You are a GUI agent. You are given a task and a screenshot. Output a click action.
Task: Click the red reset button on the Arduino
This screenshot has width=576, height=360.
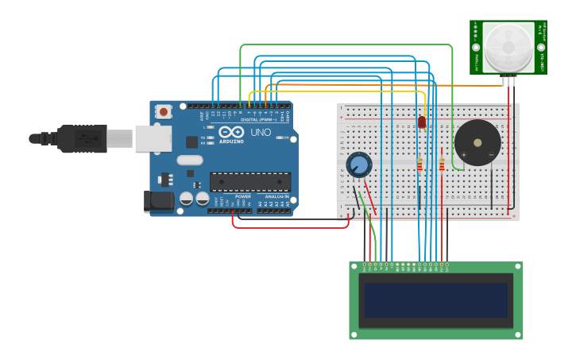coord(164,112)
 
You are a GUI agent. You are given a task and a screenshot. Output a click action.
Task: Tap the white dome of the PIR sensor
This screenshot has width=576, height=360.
coord(508,47)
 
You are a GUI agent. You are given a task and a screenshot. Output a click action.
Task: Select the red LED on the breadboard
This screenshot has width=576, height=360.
coord(422,122)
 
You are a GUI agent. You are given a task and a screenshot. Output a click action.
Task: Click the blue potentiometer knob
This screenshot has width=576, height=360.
coord(359,165)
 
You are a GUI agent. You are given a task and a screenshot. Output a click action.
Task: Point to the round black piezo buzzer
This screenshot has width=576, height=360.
coord(477,143)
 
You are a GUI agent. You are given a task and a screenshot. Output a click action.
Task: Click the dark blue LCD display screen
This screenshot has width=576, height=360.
coord(436,300)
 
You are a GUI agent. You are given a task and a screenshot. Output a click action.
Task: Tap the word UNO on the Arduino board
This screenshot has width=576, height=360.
coord(261,132)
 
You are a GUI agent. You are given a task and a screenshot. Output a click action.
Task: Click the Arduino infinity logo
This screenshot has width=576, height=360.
coord(232,133)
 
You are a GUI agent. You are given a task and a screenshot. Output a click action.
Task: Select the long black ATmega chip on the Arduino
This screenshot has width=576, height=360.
coord(249,182)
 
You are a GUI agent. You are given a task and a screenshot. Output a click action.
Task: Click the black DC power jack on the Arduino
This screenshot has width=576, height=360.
coord(160,201)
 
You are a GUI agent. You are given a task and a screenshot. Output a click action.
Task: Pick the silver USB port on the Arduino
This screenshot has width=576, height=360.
coord(153,138)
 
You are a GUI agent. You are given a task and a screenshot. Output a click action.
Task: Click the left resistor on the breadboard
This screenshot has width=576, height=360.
coord(419,165)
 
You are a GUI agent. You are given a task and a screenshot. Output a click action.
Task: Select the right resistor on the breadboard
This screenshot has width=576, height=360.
coord(442,165)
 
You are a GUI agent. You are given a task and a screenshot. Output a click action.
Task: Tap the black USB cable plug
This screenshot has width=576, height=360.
coord(79,138)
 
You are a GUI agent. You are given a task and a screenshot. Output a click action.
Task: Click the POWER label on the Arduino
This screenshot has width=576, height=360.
coord(243,196)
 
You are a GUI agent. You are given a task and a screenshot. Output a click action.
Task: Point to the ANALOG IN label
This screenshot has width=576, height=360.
coord(277,196)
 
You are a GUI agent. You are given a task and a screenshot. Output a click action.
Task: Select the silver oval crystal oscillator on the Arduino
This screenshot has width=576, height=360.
coord(190,160)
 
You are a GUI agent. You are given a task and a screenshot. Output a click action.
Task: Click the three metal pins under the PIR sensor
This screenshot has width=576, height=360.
coord(508,81)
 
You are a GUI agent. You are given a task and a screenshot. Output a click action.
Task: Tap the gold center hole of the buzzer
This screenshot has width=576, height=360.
coord(477,143)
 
